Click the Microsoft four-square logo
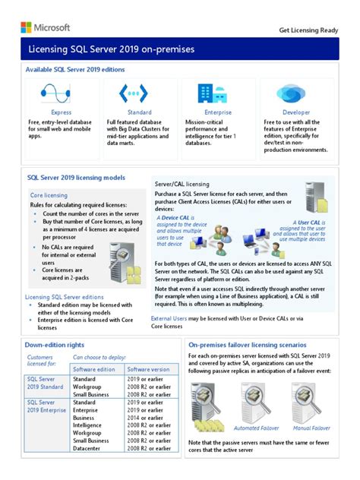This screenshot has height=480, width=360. coord(26,27)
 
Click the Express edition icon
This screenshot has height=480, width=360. coord(62,93)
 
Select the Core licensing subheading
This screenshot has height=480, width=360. coord(49,195)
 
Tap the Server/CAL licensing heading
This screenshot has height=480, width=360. coord(182,184)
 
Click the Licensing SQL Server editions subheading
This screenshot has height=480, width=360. coord(65,297)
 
